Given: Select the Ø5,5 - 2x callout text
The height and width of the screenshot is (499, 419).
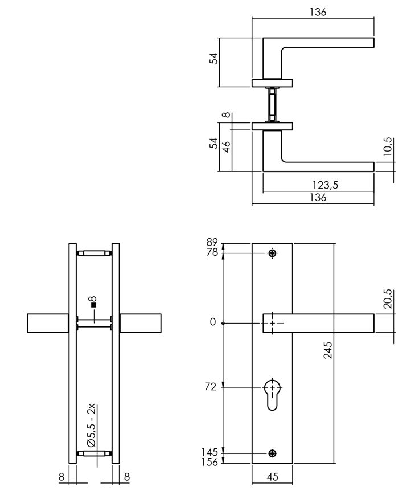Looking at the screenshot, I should pyautogui.click(x=91, y=426).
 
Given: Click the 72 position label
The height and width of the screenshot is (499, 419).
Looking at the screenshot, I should pyautogui.click(x=210, y=387).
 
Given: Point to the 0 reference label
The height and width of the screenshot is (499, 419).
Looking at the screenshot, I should pyautogui.click(x=212, y=322).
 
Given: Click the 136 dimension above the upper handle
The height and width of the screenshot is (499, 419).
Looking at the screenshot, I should pyautogui.click(x=318, y=12).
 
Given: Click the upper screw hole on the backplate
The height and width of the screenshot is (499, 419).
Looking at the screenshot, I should pyautogui.click(x=273, y=253).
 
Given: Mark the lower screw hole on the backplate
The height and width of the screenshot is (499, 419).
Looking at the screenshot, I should pyautogui.click(x=273, y=453).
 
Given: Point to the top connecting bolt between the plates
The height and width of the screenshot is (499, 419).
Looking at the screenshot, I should pyautogui.click(x=94, y=253).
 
